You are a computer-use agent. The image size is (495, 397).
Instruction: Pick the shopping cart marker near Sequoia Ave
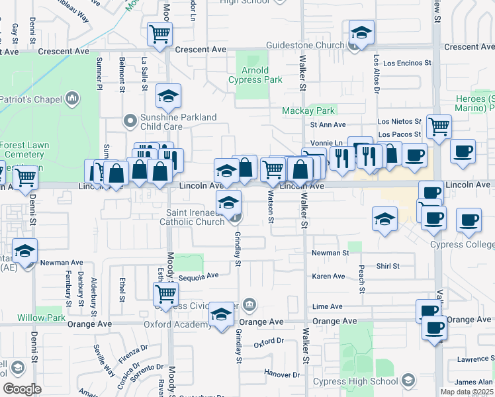click(x=165, y=292)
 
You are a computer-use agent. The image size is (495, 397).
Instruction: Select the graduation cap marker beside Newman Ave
click(x=24, y=251)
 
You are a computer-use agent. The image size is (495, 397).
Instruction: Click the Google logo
click(x=22, y=389)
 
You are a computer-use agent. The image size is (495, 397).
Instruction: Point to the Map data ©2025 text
click(x=467, y=392)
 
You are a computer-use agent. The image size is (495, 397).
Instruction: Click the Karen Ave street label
click(x=329, y=277)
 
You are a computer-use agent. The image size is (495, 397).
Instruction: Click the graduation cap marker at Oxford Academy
click(x=221, y=316)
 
